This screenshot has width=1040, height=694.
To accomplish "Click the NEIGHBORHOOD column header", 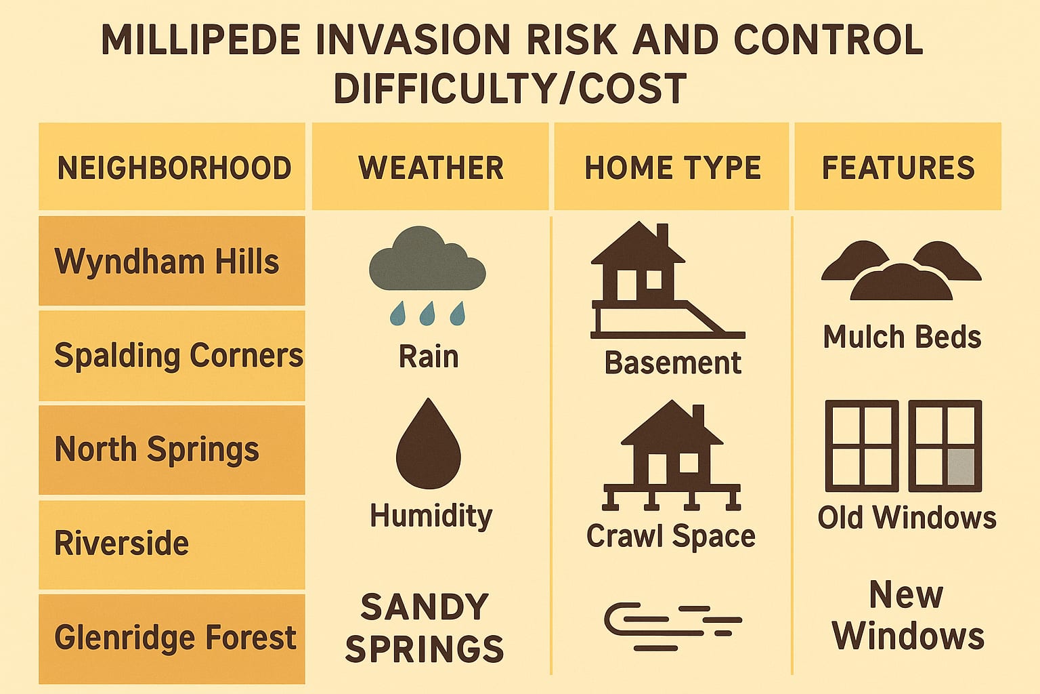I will coord(173,167).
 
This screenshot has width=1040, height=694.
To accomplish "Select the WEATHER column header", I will coord(431,167).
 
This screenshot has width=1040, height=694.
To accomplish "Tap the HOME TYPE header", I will coord(672,167).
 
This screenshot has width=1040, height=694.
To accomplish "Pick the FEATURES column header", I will coord(898,167).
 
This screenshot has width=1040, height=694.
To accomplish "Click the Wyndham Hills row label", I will coord(167,262).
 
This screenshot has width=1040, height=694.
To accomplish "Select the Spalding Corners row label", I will coord(178,355).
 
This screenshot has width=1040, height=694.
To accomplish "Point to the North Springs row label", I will coord(156,449).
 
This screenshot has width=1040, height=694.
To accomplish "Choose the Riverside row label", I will coord(121,543).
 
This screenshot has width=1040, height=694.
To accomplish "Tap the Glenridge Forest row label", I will coord(175,637).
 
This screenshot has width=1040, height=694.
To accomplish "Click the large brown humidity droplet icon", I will coord(428,444).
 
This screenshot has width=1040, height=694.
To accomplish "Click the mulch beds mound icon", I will coord(901,270).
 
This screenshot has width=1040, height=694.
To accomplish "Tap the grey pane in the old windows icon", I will coord(960,467).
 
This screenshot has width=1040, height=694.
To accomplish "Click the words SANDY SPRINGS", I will coord(425,628).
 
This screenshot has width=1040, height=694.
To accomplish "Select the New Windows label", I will coord(907,615).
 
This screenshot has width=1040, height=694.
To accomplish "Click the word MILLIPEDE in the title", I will coord(200,40).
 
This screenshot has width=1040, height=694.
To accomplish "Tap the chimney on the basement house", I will coord(662,235).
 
